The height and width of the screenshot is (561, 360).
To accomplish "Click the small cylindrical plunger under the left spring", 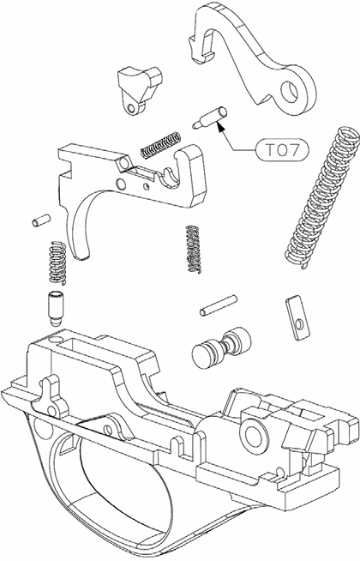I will (x=53, y=306).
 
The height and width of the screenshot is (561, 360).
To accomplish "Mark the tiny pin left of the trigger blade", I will (x=38, y=220).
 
